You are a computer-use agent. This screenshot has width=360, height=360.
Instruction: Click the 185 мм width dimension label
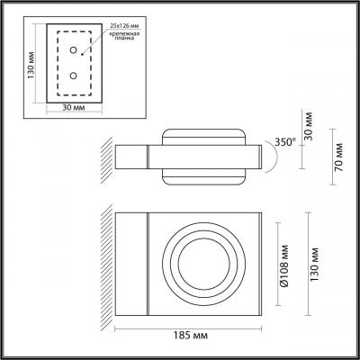pos(191,335)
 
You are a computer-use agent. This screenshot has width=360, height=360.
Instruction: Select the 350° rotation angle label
pos(285,142)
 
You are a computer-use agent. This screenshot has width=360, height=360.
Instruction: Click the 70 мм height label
pos(338,157)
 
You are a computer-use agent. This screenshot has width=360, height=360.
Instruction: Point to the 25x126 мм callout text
pos(125,26)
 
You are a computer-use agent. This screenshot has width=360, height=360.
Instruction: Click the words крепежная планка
pos(124,37)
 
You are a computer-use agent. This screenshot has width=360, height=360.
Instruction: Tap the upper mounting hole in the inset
pos(74,49)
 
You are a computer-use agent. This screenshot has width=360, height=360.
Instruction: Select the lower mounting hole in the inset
pos(73,76)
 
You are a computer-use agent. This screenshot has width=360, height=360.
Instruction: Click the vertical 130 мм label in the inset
pos(31,66)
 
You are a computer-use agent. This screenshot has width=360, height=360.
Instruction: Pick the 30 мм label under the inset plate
pos(74,107)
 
